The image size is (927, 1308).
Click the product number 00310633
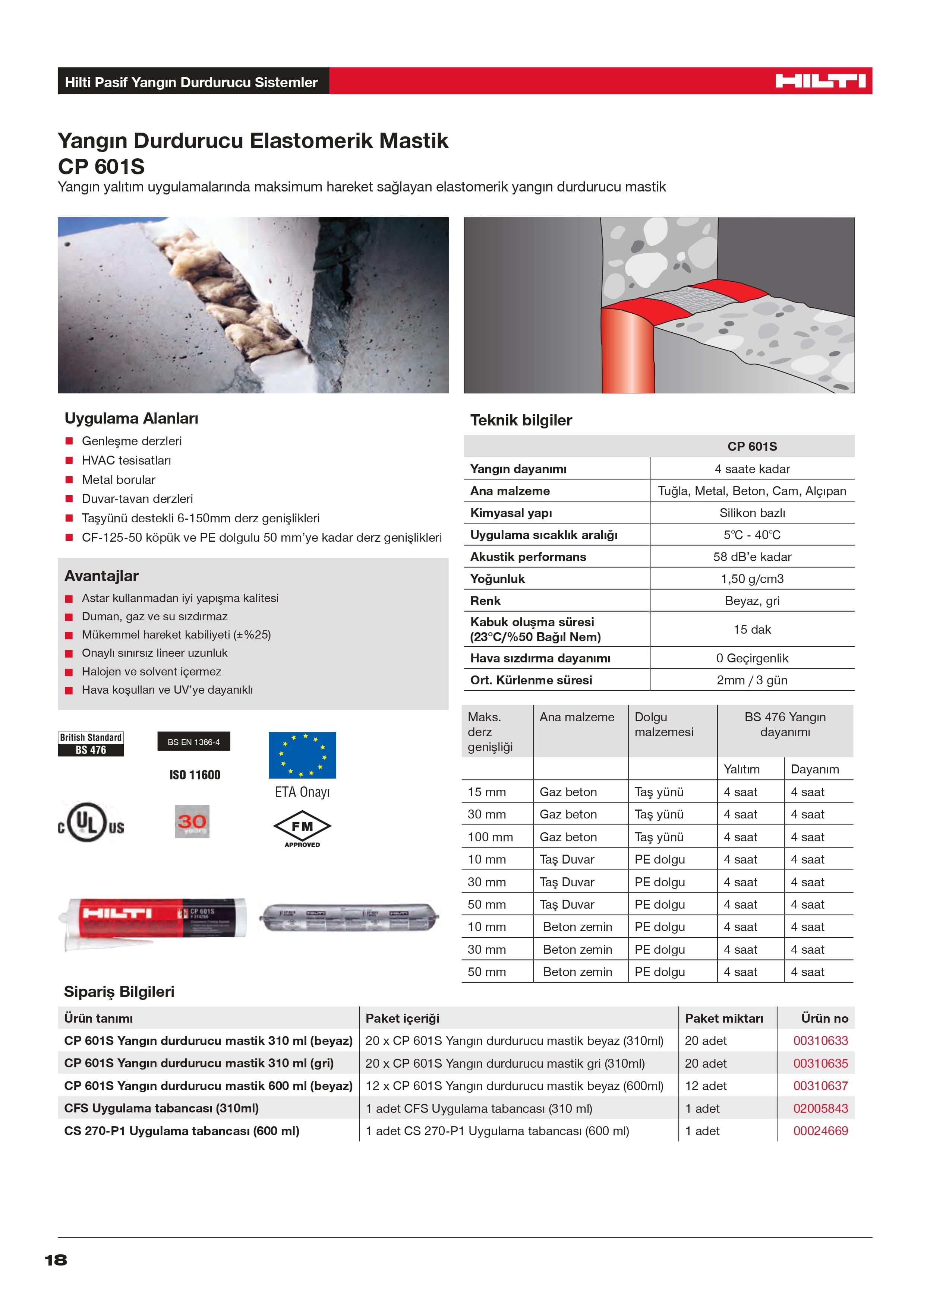(820, 1041)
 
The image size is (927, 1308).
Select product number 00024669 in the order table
(820, 1131)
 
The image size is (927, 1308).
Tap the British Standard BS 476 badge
(91, 744)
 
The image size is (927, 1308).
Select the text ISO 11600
(195, 775)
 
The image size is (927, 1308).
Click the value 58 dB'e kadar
(752, 557)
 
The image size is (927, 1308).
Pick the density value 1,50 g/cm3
(752, 579)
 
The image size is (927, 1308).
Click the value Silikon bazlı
(752, 513)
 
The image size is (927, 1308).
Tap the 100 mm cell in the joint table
(490, 837)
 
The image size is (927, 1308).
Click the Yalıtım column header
(741, 769)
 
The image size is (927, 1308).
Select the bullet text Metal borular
(118, 480)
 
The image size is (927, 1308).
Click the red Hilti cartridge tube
(155, 918)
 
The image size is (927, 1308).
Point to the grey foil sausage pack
(349, 917)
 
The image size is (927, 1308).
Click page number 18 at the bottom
(56, 1260)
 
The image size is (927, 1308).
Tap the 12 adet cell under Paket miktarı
(706, 1086)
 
